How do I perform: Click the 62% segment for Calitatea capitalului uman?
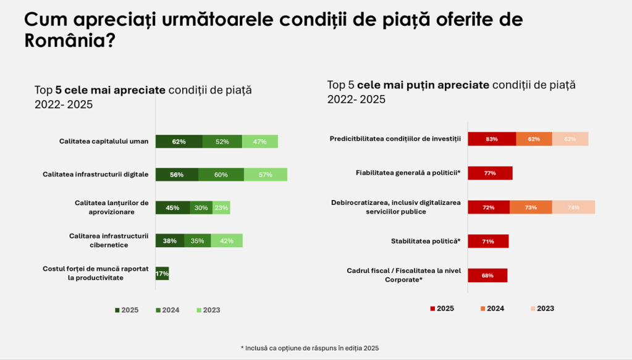pyautogui.click(x=179, y=141)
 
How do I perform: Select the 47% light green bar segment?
pyautogui.click(x=259, y=141)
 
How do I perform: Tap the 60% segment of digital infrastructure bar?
pyautogui.click(x=221, y=175)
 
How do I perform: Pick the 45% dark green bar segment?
pyautogui.click(x=172, y=207)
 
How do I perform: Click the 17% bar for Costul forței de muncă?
pyautogui.click(x=162, y=274)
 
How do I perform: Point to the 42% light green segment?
pyautogui.click(x=226, y=241)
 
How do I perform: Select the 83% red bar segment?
pyautogui.click(x=492, y=139)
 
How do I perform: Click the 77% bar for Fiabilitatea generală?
pyautogui.click(x=490, y=173)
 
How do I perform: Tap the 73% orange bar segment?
pyautogui.click(x=531, y=207)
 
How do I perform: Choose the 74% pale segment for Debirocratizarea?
pyautogui.click(x=573, y=207)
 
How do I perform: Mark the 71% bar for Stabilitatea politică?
pyautogui.click(x=488, y=241)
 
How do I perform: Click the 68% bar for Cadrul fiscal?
pyautogui.click(x=487, y=275)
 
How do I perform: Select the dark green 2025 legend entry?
pyautogui.click(x=127, y=310)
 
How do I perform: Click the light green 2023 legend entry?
pyautogui.click(x=208, y=310)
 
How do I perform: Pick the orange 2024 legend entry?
pyautogui.click(x=492, y=309)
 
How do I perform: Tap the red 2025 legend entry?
pyautogui.click(x=442, y=309)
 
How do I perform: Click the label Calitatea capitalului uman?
pyautogui.click(x=104, y=141)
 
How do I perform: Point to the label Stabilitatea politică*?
pyautogui.click(x=426, y=241)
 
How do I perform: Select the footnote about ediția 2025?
pyautogui.click(x=310, y=348)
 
